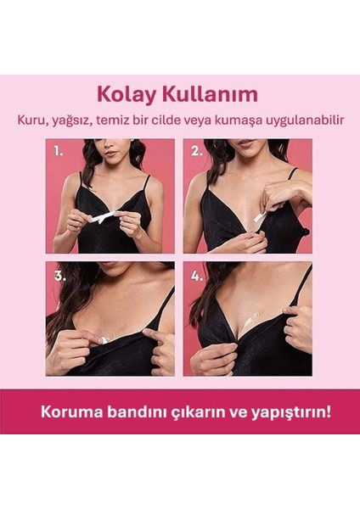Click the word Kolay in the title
(x=125, y=93)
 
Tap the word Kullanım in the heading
(x=204, y=93)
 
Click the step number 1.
(x=59, y=152)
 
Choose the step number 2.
(x=197, y=152)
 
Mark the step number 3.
(x=59, y=276)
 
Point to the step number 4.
(x=197, y=276)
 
